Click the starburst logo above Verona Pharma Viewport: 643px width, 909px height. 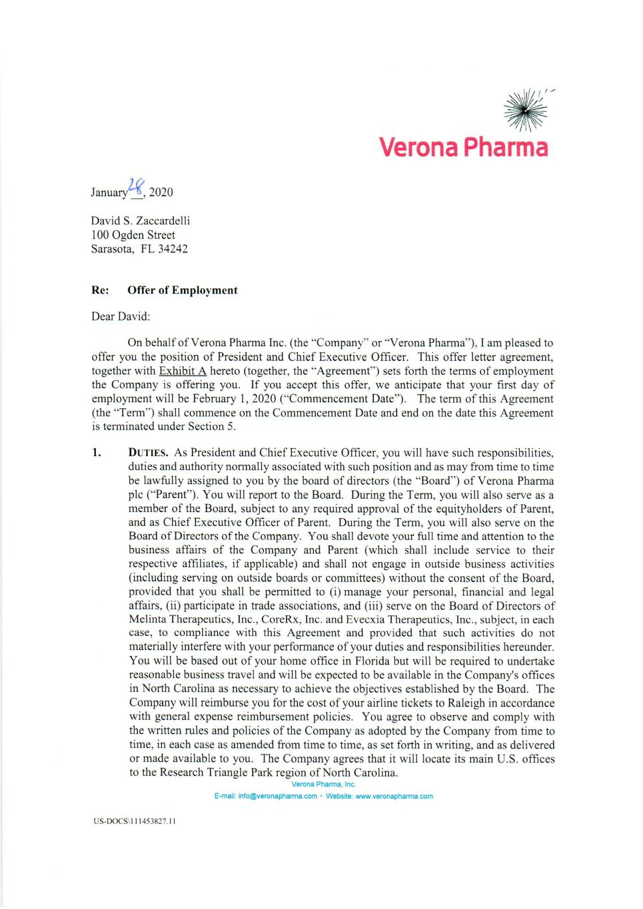point(526,109)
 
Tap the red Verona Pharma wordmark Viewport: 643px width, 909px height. point(463,147)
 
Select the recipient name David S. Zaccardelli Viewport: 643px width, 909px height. point(141,220)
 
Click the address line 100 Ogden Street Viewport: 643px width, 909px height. point(133,234)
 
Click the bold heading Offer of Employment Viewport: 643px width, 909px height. point(182,290)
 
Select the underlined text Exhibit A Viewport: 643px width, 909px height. point(183,370)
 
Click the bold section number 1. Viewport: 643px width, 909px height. point(97,452)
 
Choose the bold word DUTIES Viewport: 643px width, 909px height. point(147,453)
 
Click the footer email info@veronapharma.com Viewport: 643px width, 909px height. point(277,796)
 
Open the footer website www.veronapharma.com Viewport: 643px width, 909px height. point(394,796)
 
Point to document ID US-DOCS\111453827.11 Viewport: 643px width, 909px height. point(134,820)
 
